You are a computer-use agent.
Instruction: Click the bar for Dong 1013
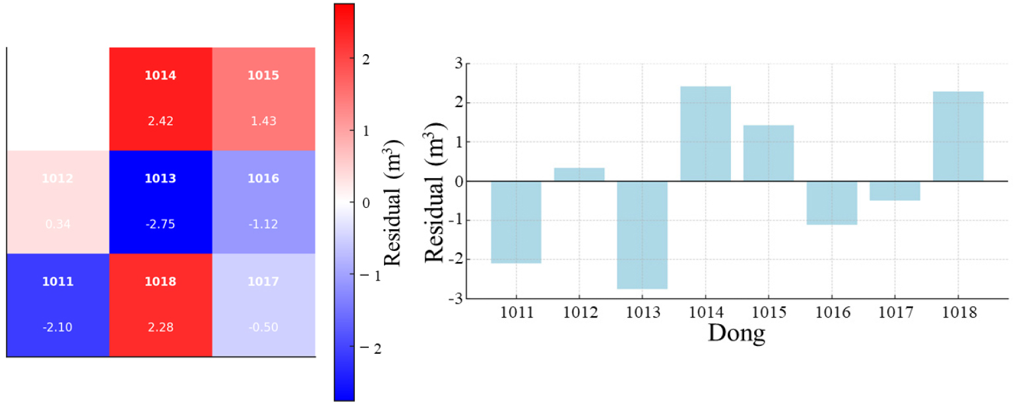(642, 235)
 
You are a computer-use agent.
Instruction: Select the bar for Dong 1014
(705, 134)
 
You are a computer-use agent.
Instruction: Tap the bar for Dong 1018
(958, 137)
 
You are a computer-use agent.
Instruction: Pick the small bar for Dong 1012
(579, 175)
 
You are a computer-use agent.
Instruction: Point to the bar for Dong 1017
(895, 191)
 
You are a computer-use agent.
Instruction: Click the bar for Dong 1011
(516, 222)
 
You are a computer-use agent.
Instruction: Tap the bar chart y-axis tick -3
(455, 298)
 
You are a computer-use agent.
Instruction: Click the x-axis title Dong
(736, 333)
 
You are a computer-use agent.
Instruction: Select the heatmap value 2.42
(160, 121)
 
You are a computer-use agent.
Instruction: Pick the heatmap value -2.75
(160, 224)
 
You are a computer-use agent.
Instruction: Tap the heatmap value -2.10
(57, 327)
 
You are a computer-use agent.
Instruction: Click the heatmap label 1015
(263, 75)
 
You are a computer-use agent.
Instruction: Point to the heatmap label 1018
(160, 282)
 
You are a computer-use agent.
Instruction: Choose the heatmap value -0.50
(263, 327)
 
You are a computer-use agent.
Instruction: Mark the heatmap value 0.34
(57, 224)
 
